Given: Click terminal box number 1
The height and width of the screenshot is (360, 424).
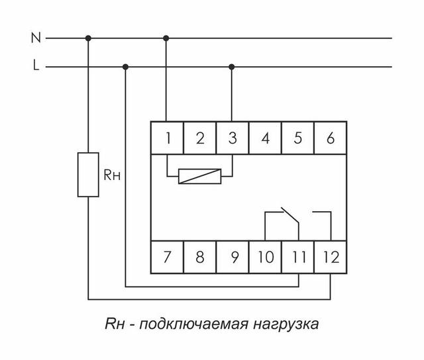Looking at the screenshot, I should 168,138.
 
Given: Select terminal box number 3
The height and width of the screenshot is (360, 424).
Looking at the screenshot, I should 232,138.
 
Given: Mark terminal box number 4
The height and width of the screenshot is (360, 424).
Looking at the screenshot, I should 265,138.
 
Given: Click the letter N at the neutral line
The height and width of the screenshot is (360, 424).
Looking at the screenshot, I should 35,38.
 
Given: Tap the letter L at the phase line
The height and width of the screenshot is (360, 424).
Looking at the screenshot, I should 35,66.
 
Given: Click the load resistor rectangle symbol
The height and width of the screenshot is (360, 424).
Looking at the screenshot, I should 88,174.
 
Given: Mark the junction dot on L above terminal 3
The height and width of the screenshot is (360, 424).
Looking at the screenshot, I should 232,66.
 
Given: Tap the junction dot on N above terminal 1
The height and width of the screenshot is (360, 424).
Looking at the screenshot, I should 167,38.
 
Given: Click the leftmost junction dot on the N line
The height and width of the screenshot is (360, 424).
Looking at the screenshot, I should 88,38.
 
